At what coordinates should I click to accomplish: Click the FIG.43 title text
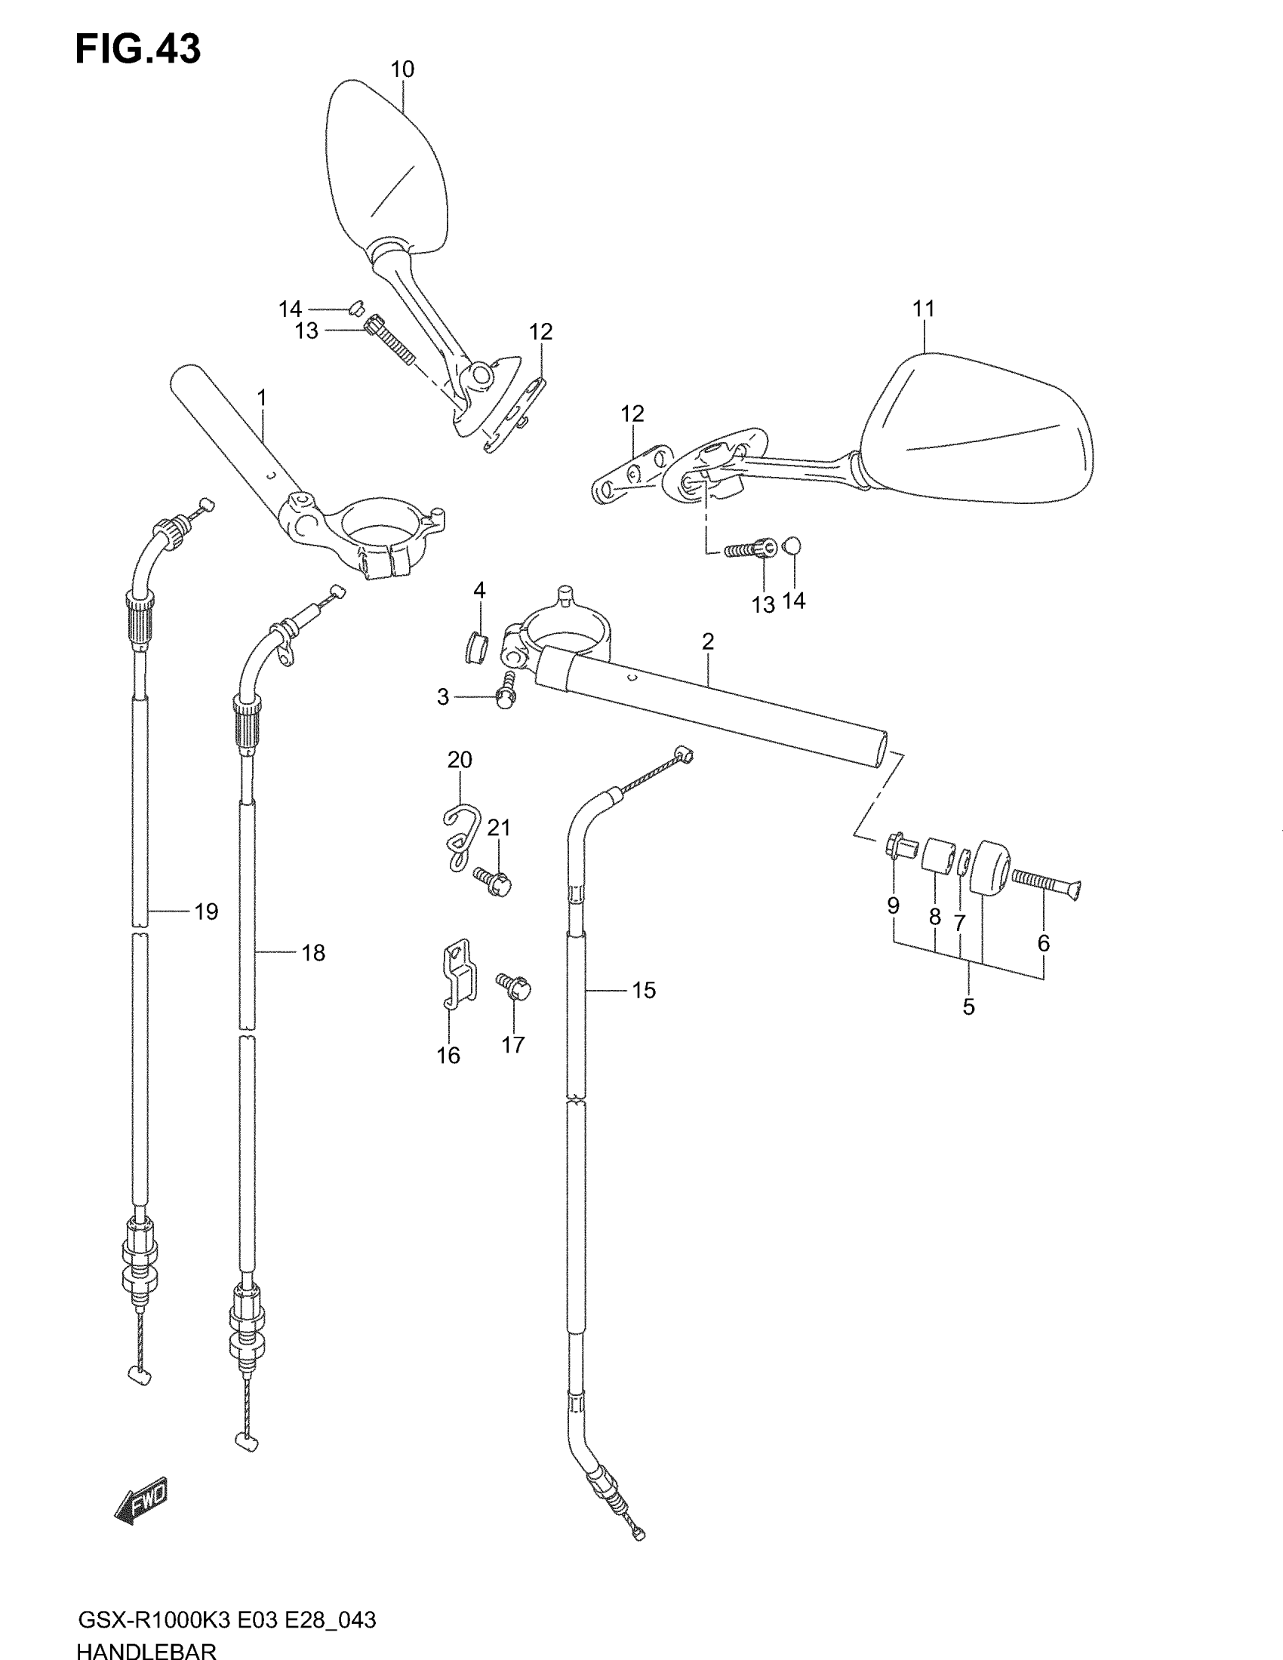tap(137, 49)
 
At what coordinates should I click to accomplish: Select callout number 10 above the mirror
tap(402, 70)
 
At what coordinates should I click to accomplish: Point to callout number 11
tap(924, 309)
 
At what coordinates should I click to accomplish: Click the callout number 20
tap(460, 759)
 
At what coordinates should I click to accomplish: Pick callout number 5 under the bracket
tap(968, 1007)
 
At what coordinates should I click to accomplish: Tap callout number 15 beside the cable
tap(643, 990)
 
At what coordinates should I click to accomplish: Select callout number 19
tap(206, 911)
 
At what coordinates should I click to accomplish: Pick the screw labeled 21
tap(494, 881)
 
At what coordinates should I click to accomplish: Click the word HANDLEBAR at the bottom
tap(146, 1650)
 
